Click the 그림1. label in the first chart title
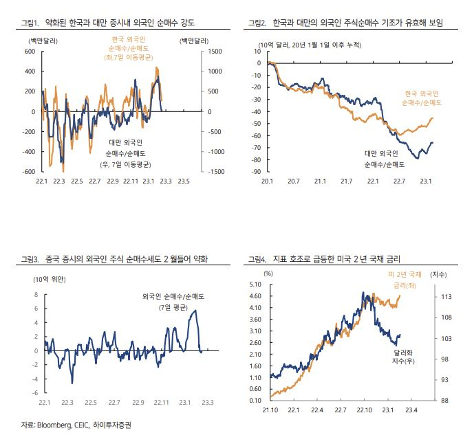pyautogui.click(x=30, y=23)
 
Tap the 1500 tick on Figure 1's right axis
pyautogui.click(x=215, y=52)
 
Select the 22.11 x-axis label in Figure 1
pyautogui.click(x=131, y=181)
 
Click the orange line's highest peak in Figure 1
pyautogui.click(x=156, y=67)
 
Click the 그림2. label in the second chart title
pyautogui.click(x=257, y=23)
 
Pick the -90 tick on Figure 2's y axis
pyautogui.click(x=256, y=172)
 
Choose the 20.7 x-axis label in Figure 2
pyautogui.click(x=294, y=181)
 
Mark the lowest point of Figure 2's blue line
pyautogui.click(x=418, y=158)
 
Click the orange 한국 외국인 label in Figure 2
pyautogui.click(x=422, y=93)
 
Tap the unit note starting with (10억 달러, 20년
pyautogui.click(x=310, y=45)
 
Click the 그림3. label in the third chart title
pyautogui.click(x=30, y=259)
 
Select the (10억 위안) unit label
pyautogui.click(x=50, y=279)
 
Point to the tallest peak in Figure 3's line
pyautogui.click(x=195, y=310)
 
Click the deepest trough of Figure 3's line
pyautogui.click(x=72, y=383)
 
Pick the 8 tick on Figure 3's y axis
pyautogui.click(x=36, y=294)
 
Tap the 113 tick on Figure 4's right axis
pyautogui.click(x=446, y=297)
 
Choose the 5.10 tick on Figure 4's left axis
pyautogui.click(x=255, y=285)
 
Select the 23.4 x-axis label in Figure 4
pyautogui.click(x=411, y=410)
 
